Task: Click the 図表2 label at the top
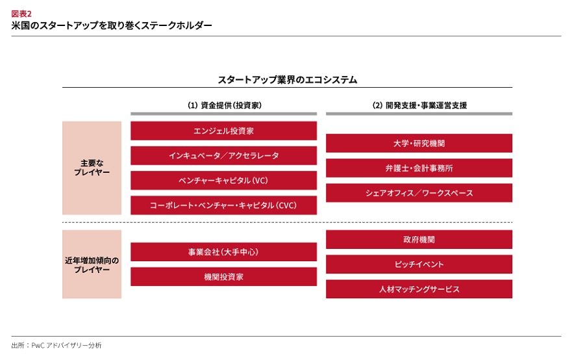coord(21,14)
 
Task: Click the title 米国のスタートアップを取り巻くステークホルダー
coord(112,25)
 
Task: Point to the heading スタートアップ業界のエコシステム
coord(288,80)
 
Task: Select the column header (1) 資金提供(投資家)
coord(225,105)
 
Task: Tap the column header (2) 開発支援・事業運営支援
coord(419,105)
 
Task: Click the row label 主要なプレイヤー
coord(92,168)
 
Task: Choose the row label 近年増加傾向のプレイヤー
coord(92,264)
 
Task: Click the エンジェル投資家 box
coord(223,131)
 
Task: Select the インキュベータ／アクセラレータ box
coord(223,156)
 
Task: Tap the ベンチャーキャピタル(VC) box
coord(223,181)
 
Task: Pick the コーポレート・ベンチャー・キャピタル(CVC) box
coord(223,205)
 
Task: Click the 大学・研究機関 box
coord(419,143)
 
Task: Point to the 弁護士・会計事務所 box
coord(419,168)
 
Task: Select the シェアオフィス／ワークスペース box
coord(419,193)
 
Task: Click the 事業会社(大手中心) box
coord(223,252)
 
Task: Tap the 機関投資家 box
coord(223,277)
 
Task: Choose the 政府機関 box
coord(419,240)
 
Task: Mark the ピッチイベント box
coord(419,264)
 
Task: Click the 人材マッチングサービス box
coord(419,289)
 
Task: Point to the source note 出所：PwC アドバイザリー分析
coord(56,345)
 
